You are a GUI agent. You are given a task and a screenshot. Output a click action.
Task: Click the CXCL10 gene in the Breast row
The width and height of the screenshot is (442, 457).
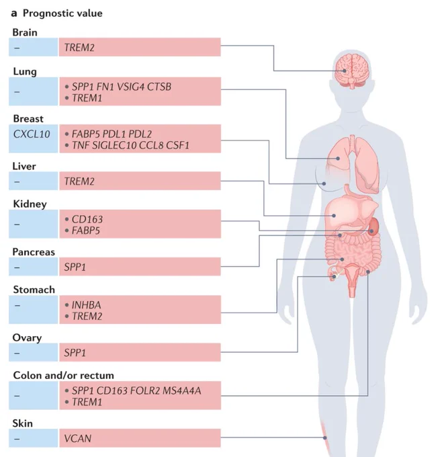click(x=32, y=134)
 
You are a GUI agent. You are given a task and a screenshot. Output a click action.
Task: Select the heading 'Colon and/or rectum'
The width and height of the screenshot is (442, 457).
click(x=64, y=376)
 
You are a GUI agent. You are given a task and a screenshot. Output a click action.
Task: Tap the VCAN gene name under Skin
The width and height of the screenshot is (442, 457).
click(x=78, y=438)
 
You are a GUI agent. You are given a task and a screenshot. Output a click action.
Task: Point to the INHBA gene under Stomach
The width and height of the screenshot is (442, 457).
click(x=86, y=305)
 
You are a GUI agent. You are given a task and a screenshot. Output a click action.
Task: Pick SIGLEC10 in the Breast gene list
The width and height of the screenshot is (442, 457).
click(x=114, y=145)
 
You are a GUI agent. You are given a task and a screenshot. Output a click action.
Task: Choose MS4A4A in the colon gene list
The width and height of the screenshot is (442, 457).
click(x=182, y=391)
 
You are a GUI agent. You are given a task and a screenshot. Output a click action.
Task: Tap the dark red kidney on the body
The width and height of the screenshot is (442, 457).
click(x=374, y=226)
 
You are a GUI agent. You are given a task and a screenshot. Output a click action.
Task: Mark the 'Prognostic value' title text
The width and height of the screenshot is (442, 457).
click(x=62, y=13)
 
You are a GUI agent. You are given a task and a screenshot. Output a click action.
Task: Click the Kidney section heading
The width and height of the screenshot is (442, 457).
click(x=30, y=204)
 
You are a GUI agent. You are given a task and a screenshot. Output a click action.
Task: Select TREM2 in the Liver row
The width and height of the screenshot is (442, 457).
click(x=79, y=181)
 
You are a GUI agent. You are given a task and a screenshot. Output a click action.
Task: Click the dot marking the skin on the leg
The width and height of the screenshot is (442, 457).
click(x=325, y=438)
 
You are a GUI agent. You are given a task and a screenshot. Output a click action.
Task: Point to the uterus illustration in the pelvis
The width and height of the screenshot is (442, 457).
click(x=352, y=280)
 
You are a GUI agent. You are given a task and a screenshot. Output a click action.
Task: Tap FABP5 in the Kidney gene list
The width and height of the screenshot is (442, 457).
click(x=86, y=231)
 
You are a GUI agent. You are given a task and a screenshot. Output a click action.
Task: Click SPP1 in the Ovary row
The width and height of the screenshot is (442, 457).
click(x=75, y=353)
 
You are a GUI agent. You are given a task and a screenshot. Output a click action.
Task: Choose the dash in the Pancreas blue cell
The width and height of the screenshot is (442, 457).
click(x=17, y=267)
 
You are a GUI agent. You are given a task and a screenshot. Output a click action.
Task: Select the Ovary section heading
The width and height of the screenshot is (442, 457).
click(x=27, y=338)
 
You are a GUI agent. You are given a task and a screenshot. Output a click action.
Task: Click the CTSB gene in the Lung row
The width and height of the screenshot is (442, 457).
click(x=159, y=87)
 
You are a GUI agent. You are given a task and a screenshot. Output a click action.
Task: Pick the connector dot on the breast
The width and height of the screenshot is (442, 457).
click(x=324, y=183)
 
